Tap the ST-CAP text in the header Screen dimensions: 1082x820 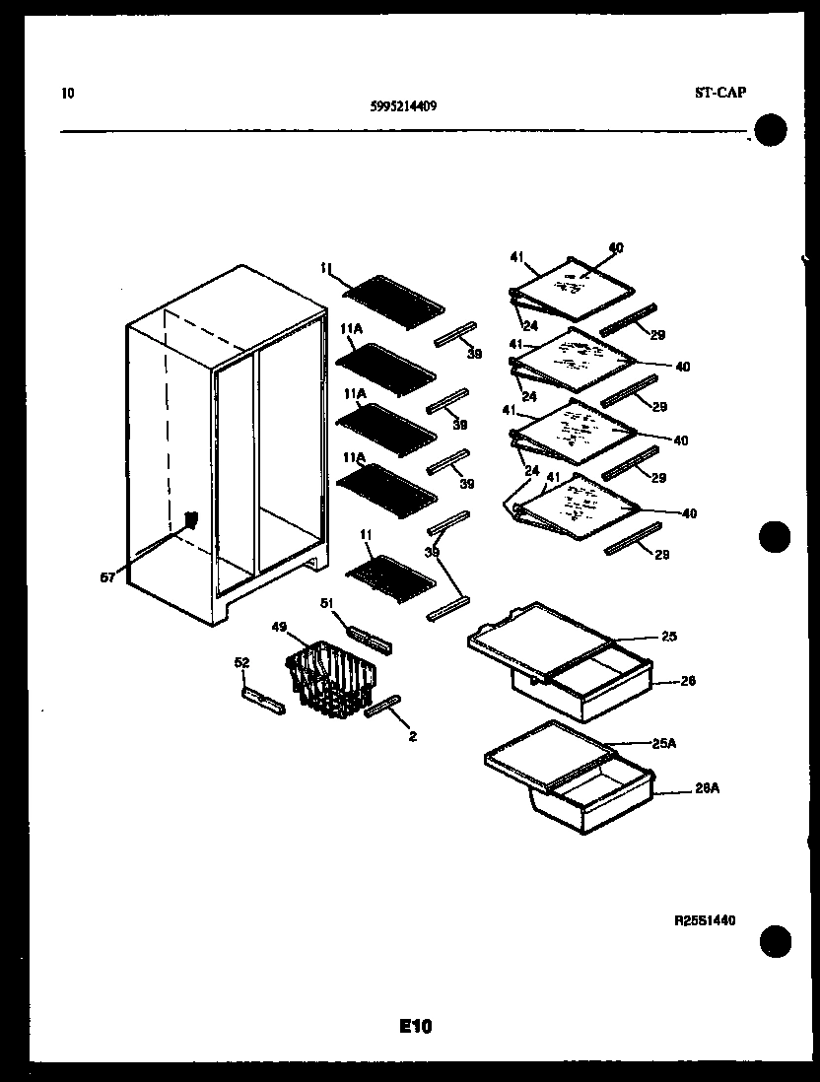[719, 93]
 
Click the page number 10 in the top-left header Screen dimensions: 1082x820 [67, 94]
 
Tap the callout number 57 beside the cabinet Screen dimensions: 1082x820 [107, 577]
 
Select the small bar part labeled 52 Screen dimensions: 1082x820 [262, 701]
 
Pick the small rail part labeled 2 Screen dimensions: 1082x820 [382, 707]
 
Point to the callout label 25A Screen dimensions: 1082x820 [664, 744]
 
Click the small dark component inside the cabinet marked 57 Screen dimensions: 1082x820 [189, 520]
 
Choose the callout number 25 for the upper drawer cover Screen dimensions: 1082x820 [669, 636]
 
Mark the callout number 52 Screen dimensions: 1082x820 [241, 663]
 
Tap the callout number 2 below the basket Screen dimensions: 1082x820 [412, 735]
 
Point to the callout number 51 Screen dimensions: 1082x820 [327, 602]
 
